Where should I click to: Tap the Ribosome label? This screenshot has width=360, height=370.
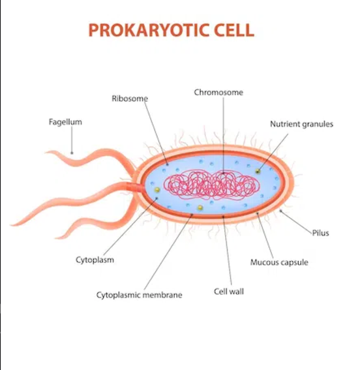130,99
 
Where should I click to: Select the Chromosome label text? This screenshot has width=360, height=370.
218,92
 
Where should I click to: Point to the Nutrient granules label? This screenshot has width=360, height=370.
301,124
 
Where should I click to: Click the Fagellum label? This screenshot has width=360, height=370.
65,122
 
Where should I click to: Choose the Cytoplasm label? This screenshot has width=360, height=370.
95,260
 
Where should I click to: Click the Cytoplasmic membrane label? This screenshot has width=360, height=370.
140,295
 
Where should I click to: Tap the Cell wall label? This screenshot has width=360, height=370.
229,292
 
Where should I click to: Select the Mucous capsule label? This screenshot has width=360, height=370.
279,262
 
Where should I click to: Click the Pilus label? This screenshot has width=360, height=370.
320,233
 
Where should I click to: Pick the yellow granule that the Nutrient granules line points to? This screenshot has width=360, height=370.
258,171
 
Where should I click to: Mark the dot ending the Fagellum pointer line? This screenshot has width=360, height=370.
72,153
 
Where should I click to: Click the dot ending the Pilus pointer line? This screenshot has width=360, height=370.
280,211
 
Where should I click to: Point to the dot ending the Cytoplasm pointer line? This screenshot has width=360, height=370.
157,198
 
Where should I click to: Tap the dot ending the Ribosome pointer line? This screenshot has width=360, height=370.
168,164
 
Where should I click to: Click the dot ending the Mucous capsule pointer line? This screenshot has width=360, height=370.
258,213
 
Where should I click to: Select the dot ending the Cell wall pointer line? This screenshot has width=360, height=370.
223,216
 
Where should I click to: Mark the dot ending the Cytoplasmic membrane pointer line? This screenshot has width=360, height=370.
192,215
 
